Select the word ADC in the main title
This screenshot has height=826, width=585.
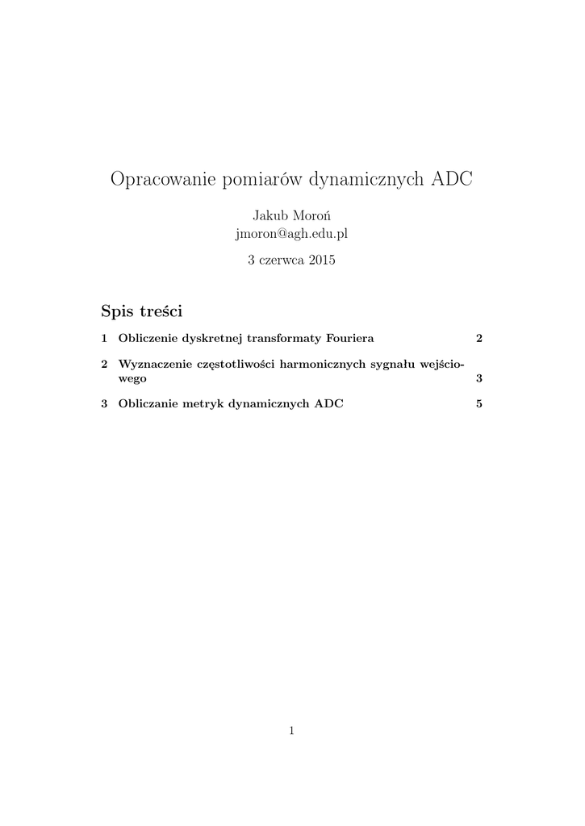tap(453, 179)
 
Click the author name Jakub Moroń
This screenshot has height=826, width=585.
tap(291, 216)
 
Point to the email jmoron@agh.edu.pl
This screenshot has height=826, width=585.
tap(291, 234)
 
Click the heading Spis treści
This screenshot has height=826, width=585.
tap(142, 311)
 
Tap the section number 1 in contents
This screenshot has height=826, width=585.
tap(104, 338)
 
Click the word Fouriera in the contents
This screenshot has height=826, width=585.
tap(350, 338)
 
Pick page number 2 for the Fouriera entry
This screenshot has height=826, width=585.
tap(479, 338)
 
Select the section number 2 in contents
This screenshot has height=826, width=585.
tap(104, 365)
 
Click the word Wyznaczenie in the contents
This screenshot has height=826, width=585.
tap(154, 365)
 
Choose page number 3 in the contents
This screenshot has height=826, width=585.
tap(479, 378)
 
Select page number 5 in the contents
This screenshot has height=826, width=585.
tap(479, 404)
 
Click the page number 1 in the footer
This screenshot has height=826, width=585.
tap(291, 732)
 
